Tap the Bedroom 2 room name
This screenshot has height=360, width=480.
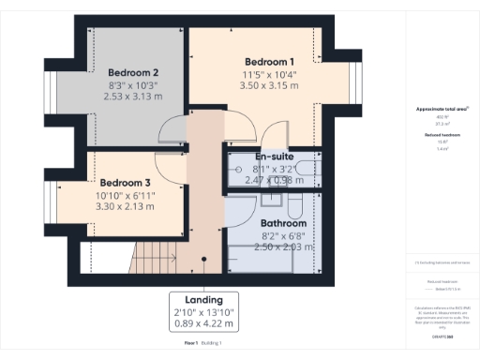132,72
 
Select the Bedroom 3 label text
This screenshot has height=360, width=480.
125,182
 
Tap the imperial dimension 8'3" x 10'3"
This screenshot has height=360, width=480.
132,84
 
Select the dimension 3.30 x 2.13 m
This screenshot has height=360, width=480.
126,206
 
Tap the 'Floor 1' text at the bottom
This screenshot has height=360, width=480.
191,344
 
